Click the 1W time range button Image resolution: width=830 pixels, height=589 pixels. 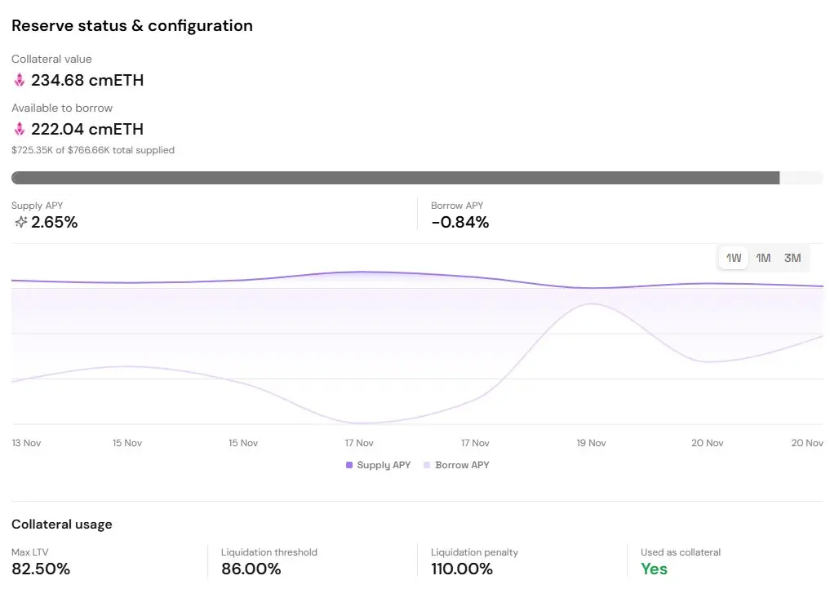(x=734, y=258)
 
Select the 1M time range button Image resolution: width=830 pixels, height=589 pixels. (x=763, y=258)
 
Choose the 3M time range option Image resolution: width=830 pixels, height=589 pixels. (x=792, y=258)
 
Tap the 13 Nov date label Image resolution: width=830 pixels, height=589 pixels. (x=26, y=443)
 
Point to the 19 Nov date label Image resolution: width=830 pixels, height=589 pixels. (x=591, y=443)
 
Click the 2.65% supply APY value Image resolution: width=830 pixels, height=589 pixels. (x=54, y=222)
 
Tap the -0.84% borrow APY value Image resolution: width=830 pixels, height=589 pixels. (x=459, y=222)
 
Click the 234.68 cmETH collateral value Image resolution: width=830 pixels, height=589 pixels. (x=87, y=80)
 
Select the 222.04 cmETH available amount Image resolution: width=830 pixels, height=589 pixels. (x=87, y=129)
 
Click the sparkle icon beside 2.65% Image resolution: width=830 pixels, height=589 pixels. (x=20, y=222)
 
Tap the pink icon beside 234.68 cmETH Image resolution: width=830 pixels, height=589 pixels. (x=20, y=80)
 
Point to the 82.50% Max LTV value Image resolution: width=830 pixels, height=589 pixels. (x=41, y=569)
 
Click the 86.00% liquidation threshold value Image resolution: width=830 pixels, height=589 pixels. (x=251, y=569)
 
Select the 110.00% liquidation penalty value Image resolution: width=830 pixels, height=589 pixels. (x=462, y=569)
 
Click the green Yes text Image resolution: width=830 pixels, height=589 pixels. (x=654, y=569)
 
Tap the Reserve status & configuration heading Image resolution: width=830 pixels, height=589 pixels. (x=132, y=25)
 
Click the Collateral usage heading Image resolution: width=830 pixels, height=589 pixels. (x=62, y=524)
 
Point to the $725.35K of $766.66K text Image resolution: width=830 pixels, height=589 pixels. (x=93, y=150)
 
